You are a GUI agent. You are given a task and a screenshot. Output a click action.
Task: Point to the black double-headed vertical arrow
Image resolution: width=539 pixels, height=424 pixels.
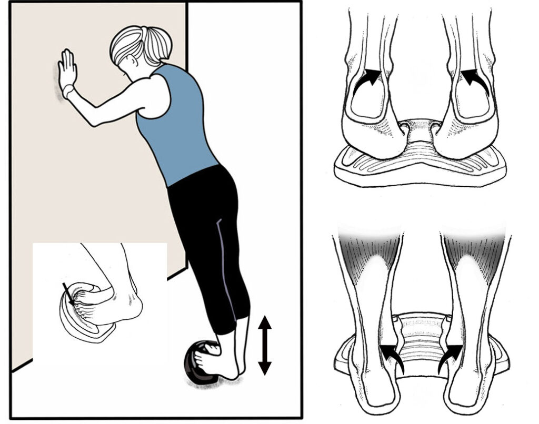pos(265,345)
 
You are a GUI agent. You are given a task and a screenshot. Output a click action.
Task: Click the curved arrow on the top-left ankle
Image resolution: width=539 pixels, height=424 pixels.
pos(366,79)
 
